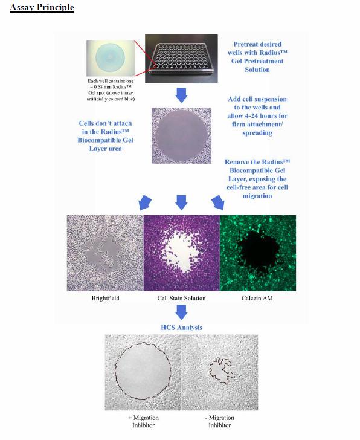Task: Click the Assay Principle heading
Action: coord(42,8)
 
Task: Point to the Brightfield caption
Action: coord(104,298)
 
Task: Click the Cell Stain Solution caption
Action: coord(181,298)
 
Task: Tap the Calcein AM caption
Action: coord(257,298)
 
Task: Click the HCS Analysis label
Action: coord(181,327)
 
